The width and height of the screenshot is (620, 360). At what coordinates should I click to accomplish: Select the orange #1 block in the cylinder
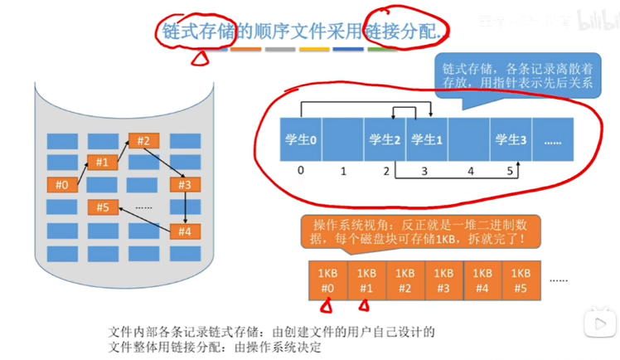pos(103,163)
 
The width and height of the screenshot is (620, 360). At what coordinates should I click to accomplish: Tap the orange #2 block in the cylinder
pos(143,140)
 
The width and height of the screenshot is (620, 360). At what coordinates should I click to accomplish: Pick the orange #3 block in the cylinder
pos(185,184)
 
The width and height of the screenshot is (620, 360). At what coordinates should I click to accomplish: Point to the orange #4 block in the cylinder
pos(185,231)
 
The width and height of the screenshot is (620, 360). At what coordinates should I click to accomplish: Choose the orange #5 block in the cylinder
pos(103,207)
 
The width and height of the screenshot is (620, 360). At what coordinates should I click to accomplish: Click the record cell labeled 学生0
pos(300,139)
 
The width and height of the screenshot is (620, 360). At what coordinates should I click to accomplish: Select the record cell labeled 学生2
pos(385,139)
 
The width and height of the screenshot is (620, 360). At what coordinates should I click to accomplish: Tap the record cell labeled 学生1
pos(427,139)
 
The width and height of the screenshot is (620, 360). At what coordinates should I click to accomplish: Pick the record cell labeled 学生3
pos(511,139)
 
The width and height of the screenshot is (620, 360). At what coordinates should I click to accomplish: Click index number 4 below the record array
pos(471,172)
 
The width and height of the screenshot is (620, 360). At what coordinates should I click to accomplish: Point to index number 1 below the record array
pos(342,172)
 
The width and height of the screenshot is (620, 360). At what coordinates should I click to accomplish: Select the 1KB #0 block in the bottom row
pos(326,280)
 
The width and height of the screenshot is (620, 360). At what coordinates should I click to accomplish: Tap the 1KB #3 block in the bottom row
pos(443,280)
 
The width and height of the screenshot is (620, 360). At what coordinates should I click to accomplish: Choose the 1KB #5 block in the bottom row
pos(521,280)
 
